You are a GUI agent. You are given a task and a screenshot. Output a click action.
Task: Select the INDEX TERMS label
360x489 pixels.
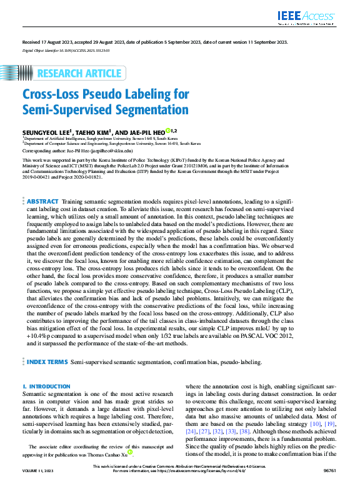point(47,362)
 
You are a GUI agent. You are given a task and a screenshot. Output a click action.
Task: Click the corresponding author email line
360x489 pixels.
point(77,151)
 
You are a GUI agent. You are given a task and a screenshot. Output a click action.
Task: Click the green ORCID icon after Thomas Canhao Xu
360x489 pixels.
point(130,452)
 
